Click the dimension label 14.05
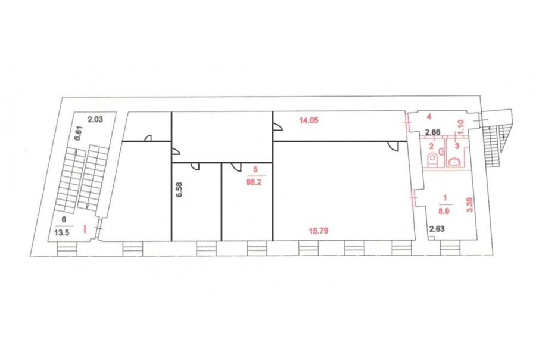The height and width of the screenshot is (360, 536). (x=308, y=120)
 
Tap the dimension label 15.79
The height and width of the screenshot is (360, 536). (x=319, y=231)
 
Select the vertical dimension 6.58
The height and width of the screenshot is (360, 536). (x=179, y=190)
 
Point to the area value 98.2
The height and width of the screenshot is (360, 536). (x=253, y=182)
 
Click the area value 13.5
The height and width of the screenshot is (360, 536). (x=62, y=232)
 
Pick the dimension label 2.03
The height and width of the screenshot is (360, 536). (x=95, y=119)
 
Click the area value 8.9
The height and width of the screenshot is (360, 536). (x=444, y=211)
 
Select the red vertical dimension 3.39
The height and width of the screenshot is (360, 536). (x=470, y=205)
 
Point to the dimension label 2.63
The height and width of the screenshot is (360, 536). (x=437, y=229)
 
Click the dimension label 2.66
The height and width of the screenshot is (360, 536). (x=432, y=132)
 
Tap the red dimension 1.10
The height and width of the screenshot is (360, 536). (x=460, y=126)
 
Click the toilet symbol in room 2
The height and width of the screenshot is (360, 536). (x=432, y=160)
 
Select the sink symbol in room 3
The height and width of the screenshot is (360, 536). (x=454, y=162)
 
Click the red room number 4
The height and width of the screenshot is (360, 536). (x=429, y=117)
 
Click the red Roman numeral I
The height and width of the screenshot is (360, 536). (x=85, y=229)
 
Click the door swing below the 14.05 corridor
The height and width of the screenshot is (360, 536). (x=394, y=146)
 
